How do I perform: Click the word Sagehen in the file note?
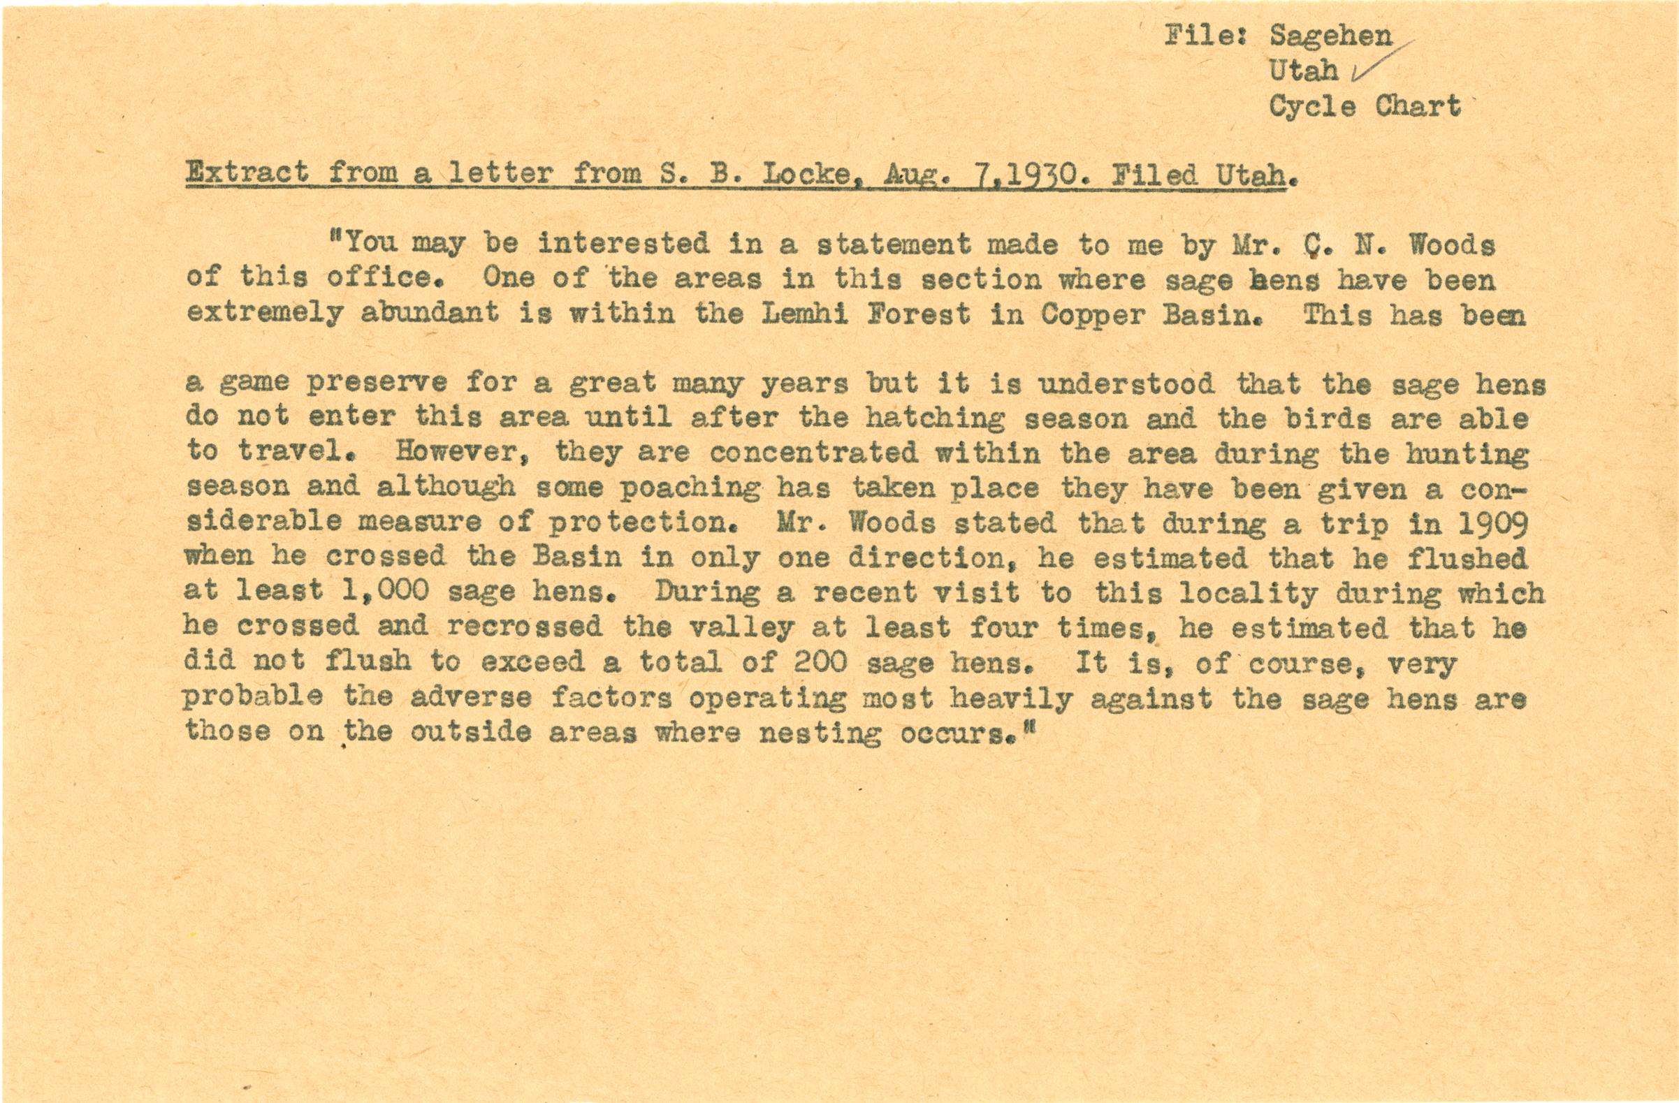pyautogui.click(x=1330, y=36)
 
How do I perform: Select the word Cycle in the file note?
pyautogui.click(x=1311, y=106)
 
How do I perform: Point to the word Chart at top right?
pyautogui.click(x=1417, y=105)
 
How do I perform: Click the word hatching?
pyautogui.click(x=935, y=419)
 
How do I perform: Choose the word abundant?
pyautogui.click(x=430, y=314)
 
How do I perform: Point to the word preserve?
pyautogui.click(x=377, y=385)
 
